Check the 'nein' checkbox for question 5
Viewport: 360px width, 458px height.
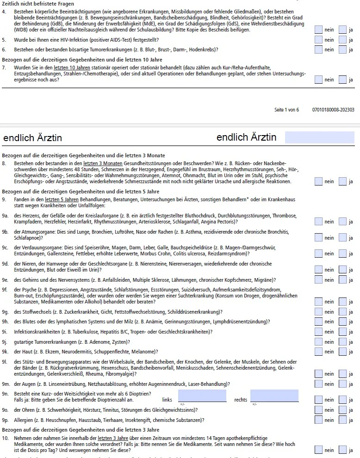(318, 40)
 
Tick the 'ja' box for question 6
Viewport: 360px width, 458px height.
(342, 50)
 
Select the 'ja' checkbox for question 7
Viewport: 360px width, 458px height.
(342, 80)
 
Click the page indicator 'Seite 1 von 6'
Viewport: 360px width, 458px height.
(286, 110)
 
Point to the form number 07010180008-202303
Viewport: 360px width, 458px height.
(333, 110)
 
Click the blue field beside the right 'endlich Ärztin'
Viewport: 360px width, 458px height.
(319, 137)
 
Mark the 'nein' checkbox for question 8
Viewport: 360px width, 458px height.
(318, 182)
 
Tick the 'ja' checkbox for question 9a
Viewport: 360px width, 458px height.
(342, 222)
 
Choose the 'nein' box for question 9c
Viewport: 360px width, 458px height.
(318, 254)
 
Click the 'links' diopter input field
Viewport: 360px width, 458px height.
(202, 396)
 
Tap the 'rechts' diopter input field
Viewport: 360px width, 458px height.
(274, 396)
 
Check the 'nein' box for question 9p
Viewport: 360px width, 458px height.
(318, 420)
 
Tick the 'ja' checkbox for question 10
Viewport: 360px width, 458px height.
(342, 450)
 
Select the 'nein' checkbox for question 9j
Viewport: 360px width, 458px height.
(318, 341)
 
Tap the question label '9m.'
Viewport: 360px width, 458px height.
(6, 384)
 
